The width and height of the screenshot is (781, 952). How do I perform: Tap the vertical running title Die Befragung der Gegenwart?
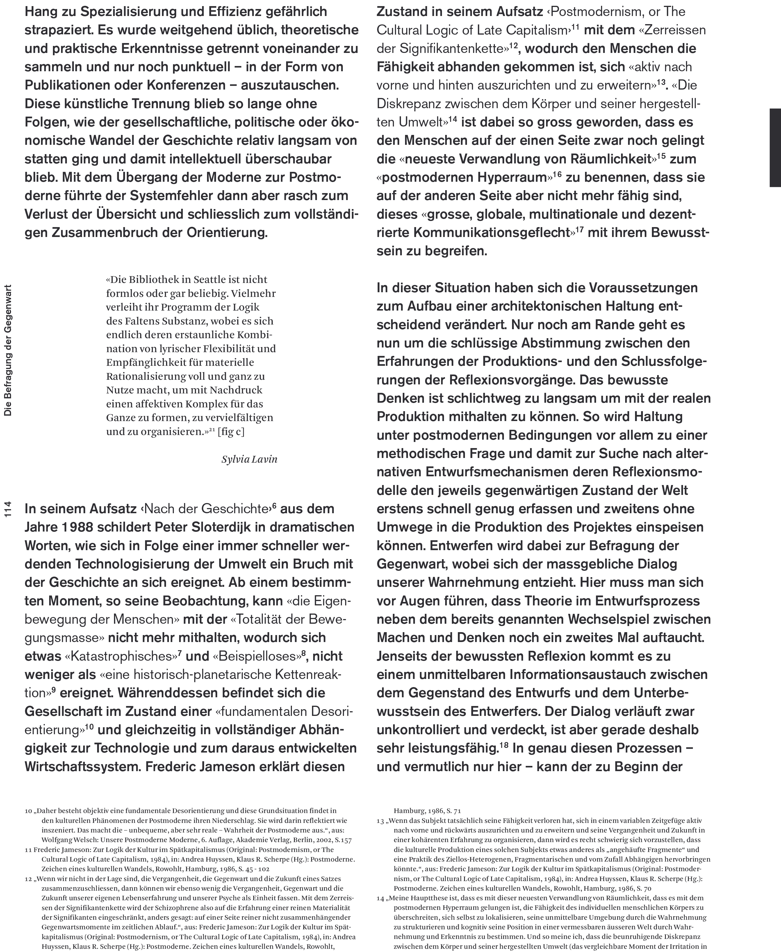(x=8, y=350)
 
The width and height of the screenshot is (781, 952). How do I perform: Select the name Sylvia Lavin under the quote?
(x=249, y=459)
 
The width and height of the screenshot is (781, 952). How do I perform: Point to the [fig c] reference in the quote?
(x=231, y=432)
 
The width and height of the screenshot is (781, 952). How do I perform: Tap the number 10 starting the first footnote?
(x=28, y=811)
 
